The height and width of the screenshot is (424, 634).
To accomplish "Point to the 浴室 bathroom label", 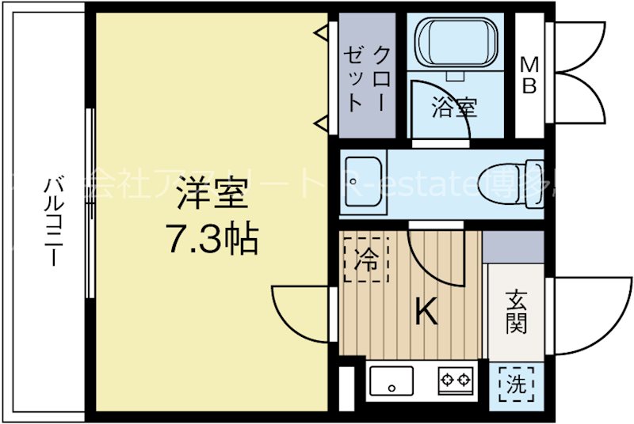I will pyautogui.click(x=454, y=108).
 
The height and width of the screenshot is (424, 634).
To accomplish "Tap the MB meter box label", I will pyautogui.click(x=529, y=76).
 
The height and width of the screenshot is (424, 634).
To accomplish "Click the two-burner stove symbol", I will pyautogui.click(x=455, y=381).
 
